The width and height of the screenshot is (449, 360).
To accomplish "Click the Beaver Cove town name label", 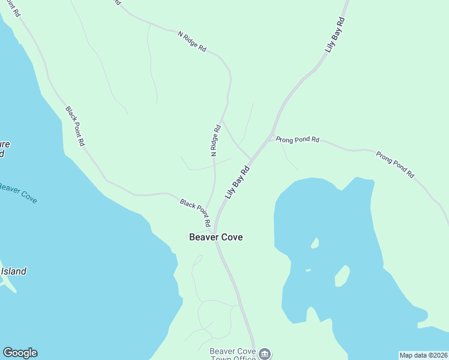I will pyautogui.click(x=215, y=237).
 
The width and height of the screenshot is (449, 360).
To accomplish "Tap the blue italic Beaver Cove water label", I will pyautogui.click(x=17, y=192).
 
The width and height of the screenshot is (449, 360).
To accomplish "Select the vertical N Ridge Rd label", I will pyautogui.click(x=215, y=140).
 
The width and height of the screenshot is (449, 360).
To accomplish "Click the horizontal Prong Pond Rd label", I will pyautogui.click(x=298, y=140).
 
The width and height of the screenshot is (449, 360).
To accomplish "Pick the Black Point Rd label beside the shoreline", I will pyautogui.click(x=76, y=127).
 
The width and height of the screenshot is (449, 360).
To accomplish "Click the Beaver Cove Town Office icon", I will pyautogui.click(x=264, y=353).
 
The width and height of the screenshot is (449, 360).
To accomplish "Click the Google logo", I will pyautogui.click(x=20, y=353).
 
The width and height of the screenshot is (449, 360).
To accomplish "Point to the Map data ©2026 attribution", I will pyautogui.click(x=423, y=355).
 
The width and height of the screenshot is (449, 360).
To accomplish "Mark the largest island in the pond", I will pyautogui.click(x=342, y=275).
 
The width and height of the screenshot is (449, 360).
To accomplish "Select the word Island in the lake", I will pyautogui.click(x=13, y=271).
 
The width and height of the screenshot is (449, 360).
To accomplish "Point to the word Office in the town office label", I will pyautogui.click(x=246, y=358).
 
